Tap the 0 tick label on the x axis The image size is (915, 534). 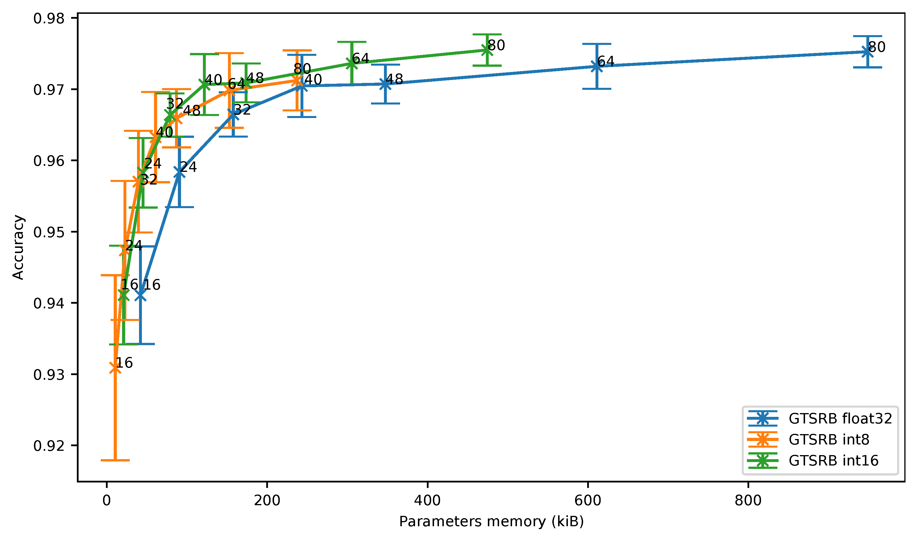point(106,501)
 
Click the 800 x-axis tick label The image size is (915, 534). point(748,501)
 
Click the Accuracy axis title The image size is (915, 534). point(18,247)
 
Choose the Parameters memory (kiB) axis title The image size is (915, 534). point(491,522)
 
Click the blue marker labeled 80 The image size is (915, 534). point(867,52)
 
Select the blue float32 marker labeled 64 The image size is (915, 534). point(597,66)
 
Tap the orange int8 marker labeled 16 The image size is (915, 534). point(115,368)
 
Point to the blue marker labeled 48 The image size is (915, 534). point(385,84)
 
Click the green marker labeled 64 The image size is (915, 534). point(351,64)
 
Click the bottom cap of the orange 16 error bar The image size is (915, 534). point(115,460)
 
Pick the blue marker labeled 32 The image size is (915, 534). point(233,115)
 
